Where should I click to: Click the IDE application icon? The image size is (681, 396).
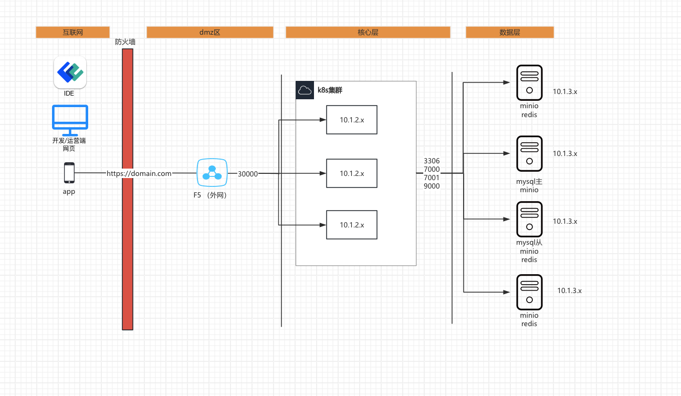[x=70, y=72]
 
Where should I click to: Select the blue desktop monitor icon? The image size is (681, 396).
[x=70, y=120]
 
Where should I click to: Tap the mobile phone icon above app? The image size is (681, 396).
[x=69, y=173]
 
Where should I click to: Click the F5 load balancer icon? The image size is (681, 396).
[x=212, y=172]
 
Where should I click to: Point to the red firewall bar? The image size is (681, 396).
[x=128, y=189]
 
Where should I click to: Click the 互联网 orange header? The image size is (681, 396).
[x=72, y=32]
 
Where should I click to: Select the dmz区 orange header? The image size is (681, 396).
[x=210, y=32]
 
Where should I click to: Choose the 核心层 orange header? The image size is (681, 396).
[x=368, y=32]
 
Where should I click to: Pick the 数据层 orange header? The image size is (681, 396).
[x=510, y=32]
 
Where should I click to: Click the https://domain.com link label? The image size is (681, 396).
[x=139, y=173]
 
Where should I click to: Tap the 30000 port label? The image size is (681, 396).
[x=248, y=174]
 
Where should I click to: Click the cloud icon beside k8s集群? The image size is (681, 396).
[x=305, y=90]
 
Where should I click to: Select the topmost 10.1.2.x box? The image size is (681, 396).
[x=352, y=120]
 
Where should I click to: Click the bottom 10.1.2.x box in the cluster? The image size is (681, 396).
[x=352, y=225]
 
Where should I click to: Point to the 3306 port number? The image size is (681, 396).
[x=432, y=161]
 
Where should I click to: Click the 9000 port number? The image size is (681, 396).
[x=432, y=186]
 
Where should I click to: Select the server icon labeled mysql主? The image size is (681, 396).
[x=529, y=153]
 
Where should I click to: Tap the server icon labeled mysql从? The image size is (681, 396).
[x=529, y=219]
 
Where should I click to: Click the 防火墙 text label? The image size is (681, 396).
[x=125, y=42]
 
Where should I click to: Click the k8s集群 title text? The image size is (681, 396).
[x=330, y=90]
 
